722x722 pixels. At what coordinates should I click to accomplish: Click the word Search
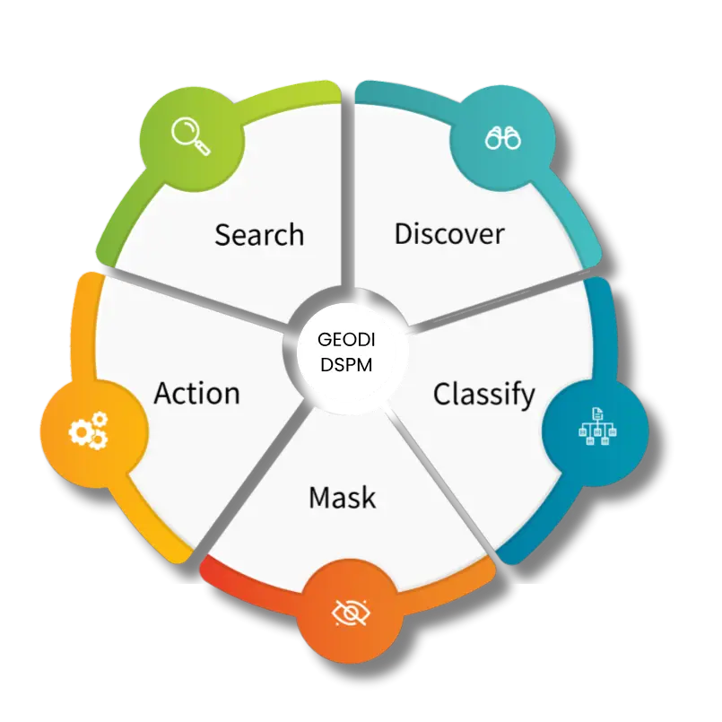pos(259,235)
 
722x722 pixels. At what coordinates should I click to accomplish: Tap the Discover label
pos(449,234)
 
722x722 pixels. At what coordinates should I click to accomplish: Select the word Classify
pos(483,394)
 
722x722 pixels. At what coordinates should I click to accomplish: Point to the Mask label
pos(342,497)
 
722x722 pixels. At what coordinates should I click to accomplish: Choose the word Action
pos(196,394)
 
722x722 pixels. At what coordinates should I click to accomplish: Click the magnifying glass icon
pos(190,137)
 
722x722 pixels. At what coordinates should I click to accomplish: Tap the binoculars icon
pos(503,138)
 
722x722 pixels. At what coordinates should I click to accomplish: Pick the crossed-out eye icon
pos(351,613)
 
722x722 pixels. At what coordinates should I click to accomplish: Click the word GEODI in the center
pos(344,341)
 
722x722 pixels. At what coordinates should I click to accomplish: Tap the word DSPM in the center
pos(344,365)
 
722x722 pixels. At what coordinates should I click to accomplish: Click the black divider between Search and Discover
pos(347,197)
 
